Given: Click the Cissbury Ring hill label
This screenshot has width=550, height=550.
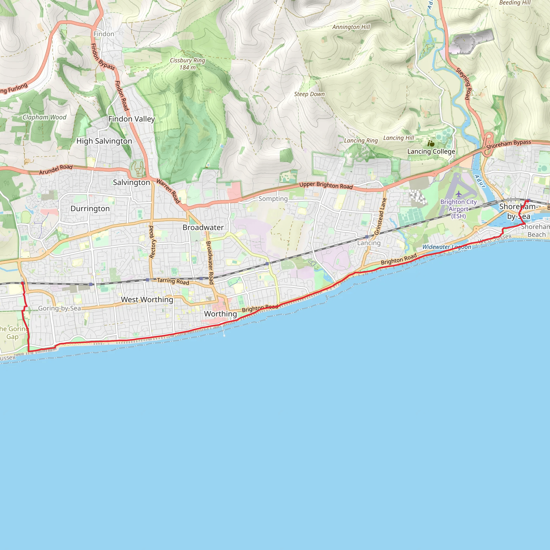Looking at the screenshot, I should point(187,64).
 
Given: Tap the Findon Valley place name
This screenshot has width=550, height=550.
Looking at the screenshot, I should point(132,119).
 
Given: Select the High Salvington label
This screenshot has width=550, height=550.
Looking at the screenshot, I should point(104,141).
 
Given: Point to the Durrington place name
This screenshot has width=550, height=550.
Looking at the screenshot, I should point(90,209).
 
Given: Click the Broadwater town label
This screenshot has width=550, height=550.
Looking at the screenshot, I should point(203,227).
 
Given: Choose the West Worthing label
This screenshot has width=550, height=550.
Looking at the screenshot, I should point(147,299).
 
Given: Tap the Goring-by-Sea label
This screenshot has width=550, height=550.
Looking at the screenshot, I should point(60,308).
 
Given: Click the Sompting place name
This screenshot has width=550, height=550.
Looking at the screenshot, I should point(273,199).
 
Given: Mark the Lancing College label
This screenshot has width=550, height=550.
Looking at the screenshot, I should point(431,151).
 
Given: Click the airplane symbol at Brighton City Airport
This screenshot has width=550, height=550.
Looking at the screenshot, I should point(458,194).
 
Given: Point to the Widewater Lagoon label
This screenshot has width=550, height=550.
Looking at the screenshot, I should point(447,247).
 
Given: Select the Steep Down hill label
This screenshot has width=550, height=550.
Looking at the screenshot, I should point(309,94).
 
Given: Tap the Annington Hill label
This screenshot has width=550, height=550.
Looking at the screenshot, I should point(351,27).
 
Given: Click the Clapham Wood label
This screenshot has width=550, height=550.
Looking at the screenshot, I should point(44,117).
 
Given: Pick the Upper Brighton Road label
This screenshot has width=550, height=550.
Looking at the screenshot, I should point(326,186).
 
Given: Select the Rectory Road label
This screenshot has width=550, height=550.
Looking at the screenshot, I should point(152,242).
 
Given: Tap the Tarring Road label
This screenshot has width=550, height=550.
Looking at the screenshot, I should point(173,281).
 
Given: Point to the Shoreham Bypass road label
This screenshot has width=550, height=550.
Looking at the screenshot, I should point(508,145).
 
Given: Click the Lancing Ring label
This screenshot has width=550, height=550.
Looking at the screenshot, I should point(361,141).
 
